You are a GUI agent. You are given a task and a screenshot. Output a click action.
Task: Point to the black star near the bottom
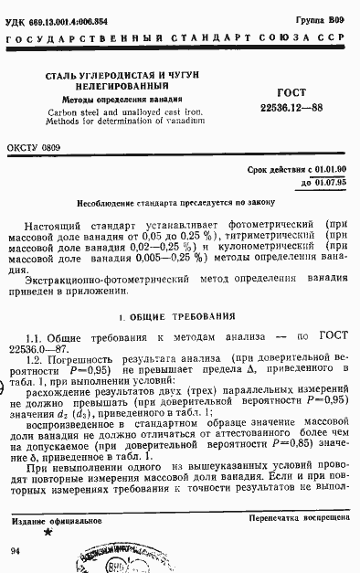(x=48, y=531)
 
